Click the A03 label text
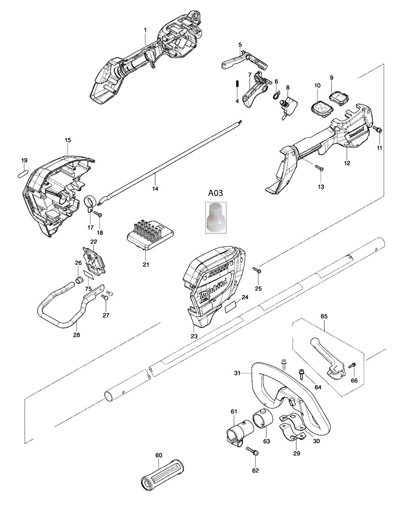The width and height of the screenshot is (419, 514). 216,193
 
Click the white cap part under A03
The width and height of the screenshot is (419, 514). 216,217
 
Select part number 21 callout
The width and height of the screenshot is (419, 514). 146,264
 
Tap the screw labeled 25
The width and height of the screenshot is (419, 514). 257,271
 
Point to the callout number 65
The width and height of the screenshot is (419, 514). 324,316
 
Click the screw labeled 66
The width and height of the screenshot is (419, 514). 352,366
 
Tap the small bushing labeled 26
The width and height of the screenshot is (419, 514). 78,279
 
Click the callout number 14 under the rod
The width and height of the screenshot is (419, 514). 155,189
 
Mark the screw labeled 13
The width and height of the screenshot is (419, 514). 320,168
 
